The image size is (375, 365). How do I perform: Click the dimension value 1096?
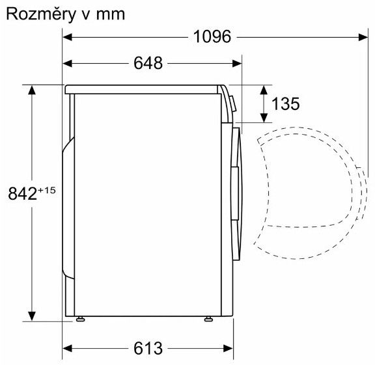212,37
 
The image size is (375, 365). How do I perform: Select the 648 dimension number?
148,63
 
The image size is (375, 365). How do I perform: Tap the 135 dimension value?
286,103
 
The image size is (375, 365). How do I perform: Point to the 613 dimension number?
148,348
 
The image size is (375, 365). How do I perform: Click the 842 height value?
23,193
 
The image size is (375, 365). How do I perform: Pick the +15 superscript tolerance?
46,190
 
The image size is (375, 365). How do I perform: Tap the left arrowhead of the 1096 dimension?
67,37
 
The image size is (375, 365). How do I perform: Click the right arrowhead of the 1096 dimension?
363,37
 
